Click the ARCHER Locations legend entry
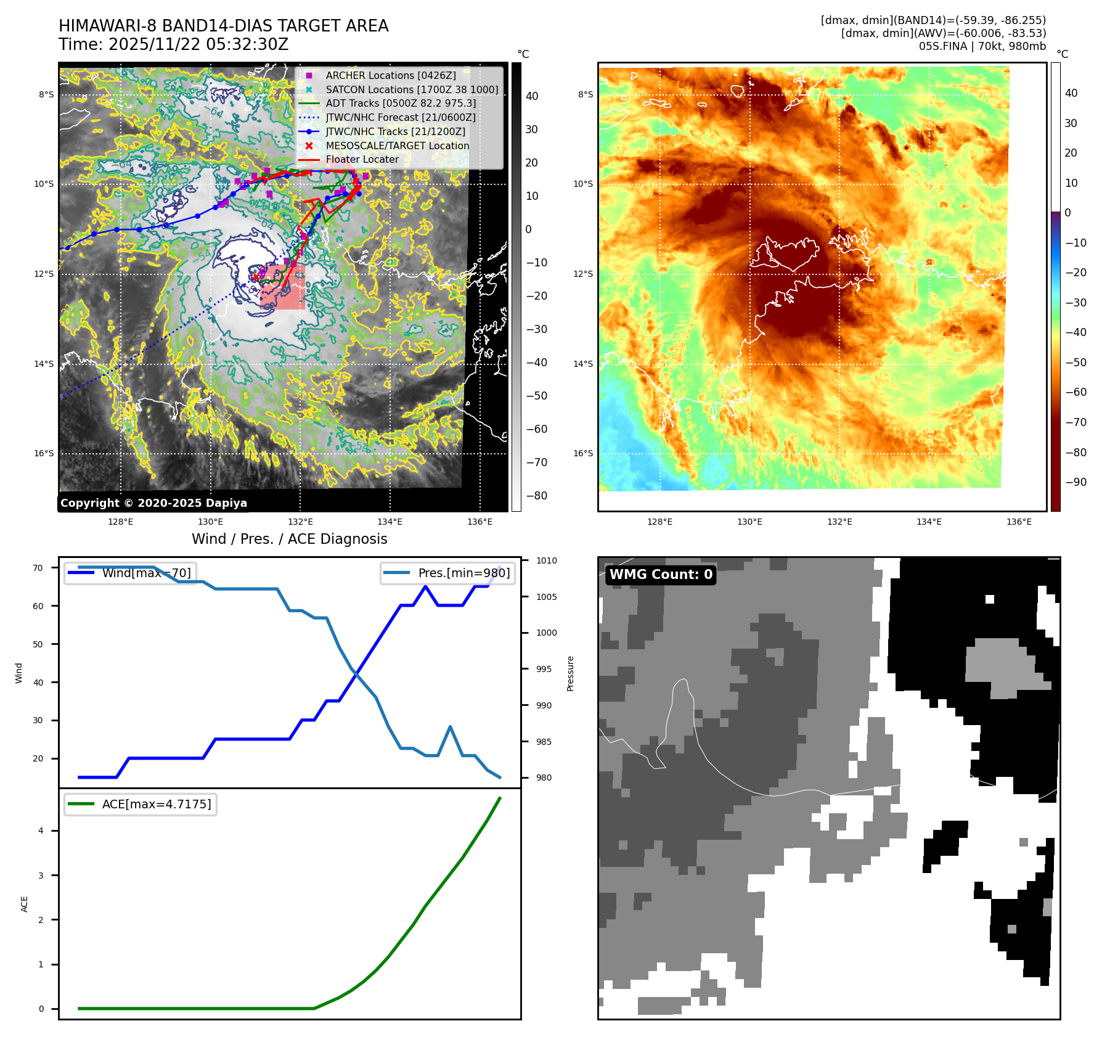point(391,75)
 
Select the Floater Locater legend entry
point(362,159)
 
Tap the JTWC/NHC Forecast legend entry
point(400,117)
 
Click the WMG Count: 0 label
point(661,575)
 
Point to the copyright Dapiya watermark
point(153,503)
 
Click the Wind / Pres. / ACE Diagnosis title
point(289,539)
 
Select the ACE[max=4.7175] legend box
point(141,804)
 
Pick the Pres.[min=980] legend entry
point(448,573)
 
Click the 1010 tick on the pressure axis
point(546,560)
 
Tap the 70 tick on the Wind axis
point(38,568)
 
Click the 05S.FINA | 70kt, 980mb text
point(982,46)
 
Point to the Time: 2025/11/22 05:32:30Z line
point(173,44)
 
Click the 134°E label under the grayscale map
point(390,522)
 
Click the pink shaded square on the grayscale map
point(283,287)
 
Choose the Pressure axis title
point(570,673)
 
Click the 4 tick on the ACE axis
point(41,831)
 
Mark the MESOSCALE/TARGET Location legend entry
point(397,146)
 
